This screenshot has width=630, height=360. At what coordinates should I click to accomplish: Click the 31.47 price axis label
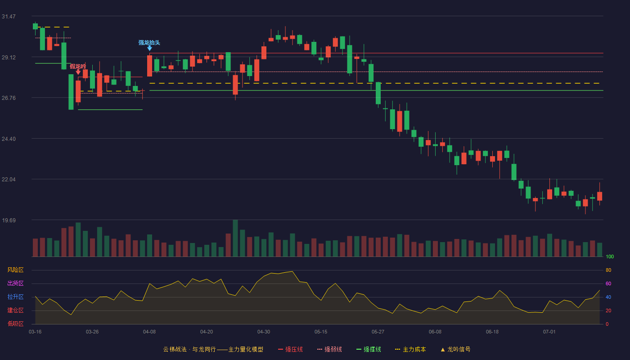pyautogui.click(x=9, y=17)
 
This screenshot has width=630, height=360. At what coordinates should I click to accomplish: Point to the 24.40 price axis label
pyautogui.click(x=9, y=139)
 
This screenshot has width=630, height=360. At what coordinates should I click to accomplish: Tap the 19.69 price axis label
pyautogui.click(x=9, y=220)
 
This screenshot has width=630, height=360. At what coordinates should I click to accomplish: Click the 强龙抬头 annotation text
pyautogui.click(x=149, y=42)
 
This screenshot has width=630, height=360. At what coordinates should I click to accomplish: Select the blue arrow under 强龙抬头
pyautogui.click(x=149, y=49)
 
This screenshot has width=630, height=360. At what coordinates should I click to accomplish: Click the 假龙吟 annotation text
pyautogui.click(x=78, y=67)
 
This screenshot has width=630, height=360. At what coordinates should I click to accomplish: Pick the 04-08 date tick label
pyautogui.click(x=149, y=332)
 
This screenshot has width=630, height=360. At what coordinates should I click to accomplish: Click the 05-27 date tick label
pyautogui.click(x=378, y=332)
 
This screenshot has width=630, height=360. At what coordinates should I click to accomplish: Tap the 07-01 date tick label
pyautogui.click(x=549, y=332)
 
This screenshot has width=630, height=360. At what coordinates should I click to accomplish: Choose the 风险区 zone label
pyautogui.click(x=15, y=270)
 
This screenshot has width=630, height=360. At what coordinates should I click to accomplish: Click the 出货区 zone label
pyautogui.click(x=15, y=283)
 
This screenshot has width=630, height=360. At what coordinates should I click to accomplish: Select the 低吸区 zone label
pyautogui.click(x=15, y=324)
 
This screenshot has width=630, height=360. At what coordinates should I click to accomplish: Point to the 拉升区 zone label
pyautogui.click(x=15, y=297)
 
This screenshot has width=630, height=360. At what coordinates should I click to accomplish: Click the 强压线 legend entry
pyautogui.click(x=290, y=349)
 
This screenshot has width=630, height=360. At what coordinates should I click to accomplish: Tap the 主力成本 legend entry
pyautogui.click(x=410, y=349)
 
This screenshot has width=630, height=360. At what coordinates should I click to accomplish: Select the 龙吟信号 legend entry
pyautogui.click(x=455, y=349)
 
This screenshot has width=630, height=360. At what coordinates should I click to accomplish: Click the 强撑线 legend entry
pyautogui.click(x=369, y=349)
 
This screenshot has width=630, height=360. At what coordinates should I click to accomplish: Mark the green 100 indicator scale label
pyautogui.click(x=610, y=256)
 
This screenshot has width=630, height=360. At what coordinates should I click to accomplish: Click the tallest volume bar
pyautogui.click(x=235, y=238)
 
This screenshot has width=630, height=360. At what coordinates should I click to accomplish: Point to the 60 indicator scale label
pyautogui.click(x=608, y=283)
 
